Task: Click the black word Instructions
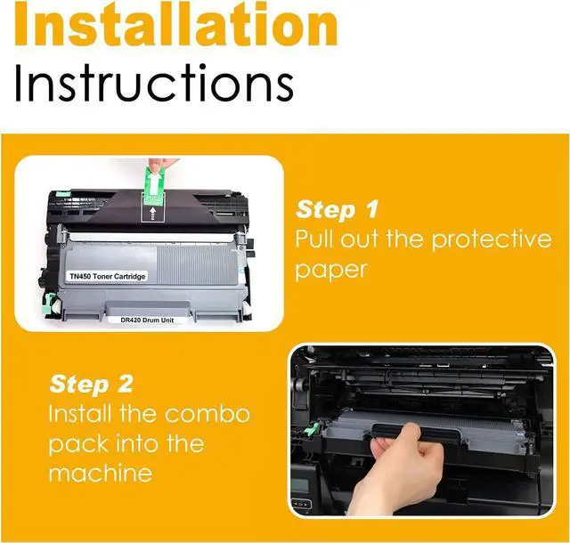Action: [x=154, y=83]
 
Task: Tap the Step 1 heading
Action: [x=337, y=210]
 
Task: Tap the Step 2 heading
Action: [x=91, y=385]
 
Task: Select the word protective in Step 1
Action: [x=492, y=239]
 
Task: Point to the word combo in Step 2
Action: [x=208, y=414]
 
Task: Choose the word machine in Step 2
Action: [x=101, y=474]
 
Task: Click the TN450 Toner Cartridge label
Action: [x=107, y=277]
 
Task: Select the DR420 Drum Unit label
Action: [x=147, y=320]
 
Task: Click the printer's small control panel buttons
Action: [x=302, y=504]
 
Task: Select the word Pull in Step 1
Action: [x=315, y=239]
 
